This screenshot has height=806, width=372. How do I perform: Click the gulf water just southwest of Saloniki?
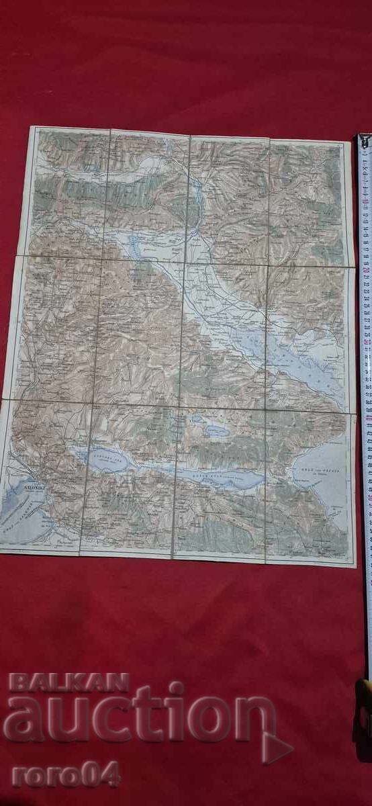point(20,510)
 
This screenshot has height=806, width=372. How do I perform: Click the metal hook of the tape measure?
point(363,142)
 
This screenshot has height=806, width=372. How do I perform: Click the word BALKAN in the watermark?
point(68,682)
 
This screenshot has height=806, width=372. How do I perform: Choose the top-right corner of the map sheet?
point(347,141)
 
